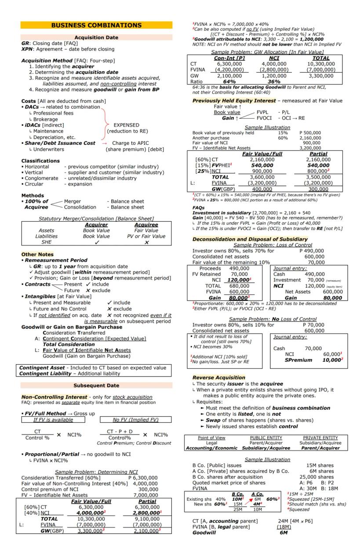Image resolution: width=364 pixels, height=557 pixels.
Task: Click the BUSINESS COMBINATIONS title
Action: pyautogui.click(x=96, y=25)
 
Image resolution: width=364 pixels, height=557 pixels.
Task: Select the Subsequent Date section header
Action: pyautogui.click(x=96, y=385)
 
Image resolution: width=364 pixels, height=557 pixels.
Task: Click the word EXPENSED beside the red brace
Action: pyautogui.click(x=127, y=125)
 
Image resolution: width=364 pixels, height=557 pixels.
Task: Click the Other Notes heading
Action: pyautogui.click(x=37, y=254)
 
